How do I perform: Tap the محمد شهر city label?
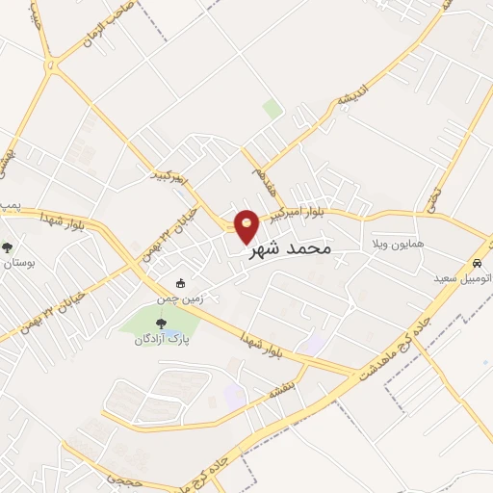pyautogui.click(x=290, y=249)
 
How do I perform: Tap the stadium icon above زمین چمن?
pyautogui.click(x=180, y=283)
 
